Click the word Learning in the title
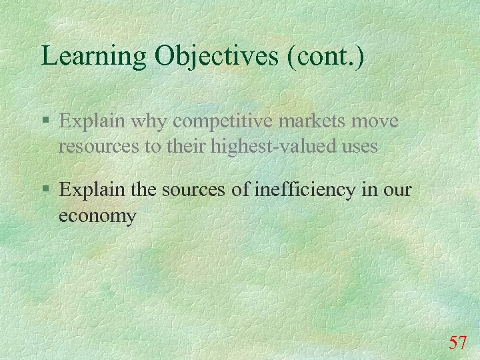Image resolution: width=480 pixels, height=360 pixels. [94, 56]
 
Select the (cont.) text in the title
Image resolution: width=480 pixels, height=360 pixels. [325, 56]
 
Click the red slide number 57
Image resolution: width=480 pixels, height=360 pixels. [457, 343]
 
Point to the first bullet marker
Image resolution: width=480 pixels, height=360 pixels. [45, 121]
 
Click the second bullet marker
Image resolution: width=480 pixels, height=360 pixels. [45, 190]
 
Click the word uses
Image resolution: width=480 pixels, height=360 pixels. [359, 147]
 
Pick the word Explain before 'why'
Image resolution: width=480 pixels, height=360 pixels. [91, 121]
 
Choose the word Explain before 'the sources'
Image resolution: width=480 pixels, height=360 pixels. [91, 190]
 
